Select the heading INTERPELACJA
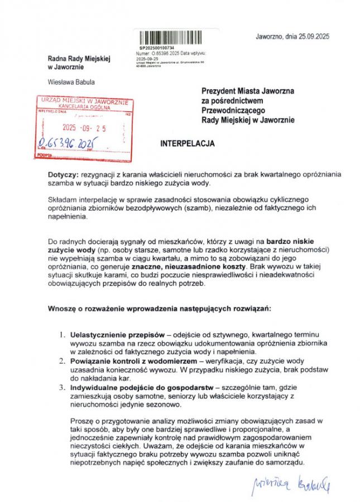[x=188, y=143]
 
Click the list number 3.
[x=62, y=387]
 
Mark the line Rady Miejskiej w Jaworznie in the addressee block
[x=248, y=120]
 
